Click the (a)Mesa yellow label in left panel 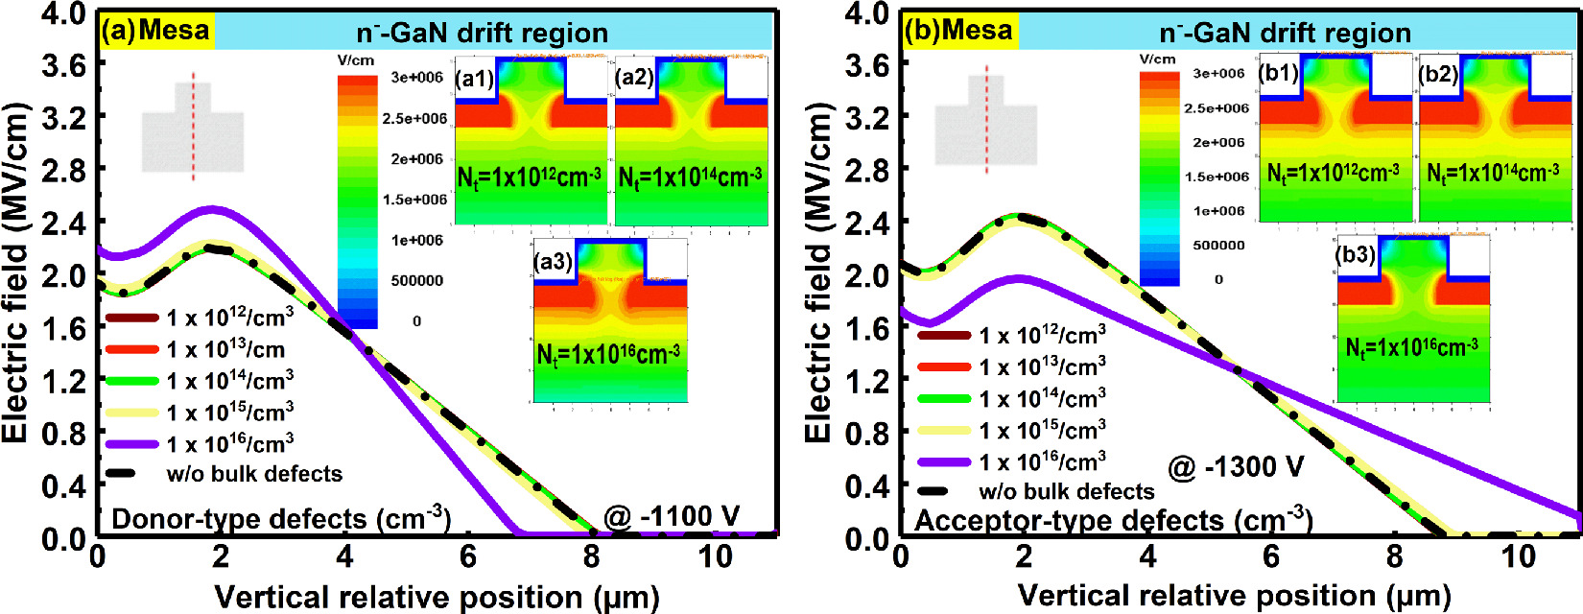click(155, 31)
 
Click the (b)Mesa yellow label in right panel click(958, 31)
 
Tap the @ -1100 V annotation click(672, 517)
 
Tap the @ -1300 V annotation click(1236, 467)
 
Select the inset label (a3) click(554, 262)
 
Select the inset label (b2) click(1438, 74)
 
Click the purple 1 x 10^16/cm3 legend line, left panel click(131, 444)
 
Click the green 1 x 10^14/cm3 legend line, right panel click(944, 398)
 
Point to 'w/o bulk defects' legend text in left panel click(254, 474)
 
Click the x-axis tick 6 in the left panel click(467, 557)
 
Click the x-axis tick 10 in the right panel click(1518, 557)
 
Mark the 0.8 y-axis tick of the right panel click(866, 434)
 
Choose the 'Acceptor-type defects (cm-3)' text click(1113, 521)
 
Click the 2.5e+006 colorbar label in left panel click(414, 118)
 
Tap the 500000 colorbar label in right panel click(1218, 245)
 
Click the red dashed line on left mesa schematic click(193, 126)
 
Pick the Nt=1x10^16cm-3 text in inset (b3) click(1412, 346)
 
